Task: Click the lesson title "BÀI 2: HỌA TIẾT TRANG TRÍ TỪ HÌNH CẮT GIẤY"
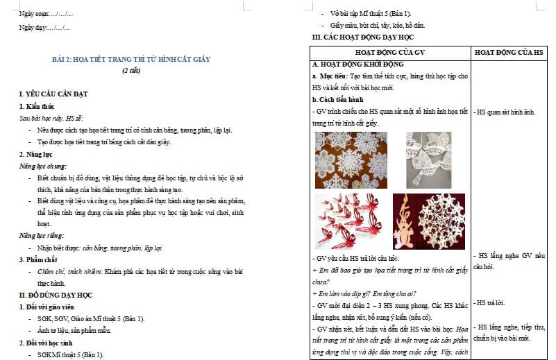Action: [131, 59]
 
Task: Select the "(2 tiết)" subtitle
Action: [131, 70]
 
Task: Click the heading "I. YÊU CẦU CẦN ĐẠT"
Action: [53, 94]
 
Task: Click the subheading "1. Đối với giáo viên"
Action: [48, 307]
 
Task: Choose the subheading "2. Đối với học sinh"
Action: [47, 343]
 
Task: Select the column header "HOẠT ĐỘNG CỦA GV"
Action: [389, 52]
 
